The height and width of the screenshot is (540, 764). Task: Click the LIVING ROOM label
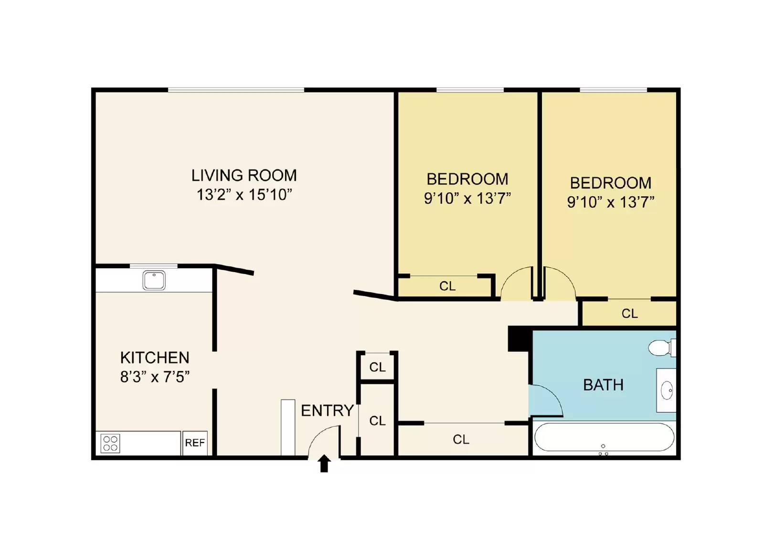pos(244,175)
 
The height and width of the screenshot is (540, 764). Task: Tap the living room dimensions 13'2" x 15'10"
pos(244,195)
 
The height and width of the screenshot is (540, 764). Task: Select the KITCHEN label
pos(155,358)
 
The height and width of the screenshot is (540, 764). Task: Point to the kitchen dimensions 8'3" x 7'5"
pos(155,377)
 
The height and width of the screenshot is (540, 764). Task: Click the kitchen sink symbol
pos(154,280)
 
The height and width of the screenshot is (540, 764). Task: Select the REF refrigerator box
pos(195,443)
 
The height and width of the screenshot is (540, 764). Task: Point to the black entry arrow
pos(324,463)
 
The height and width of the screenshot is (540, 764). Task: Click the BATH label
pos(604,385)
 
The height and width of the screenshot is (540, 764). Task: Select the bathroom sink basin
pos(667,390)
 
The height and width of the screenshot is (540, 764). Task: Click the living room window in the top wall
pos(236,90)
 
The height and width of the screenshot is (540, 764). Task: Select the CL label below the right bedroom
pos(630,314)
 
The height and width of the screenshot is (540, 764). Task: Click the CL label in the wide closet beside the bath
pos(461,440)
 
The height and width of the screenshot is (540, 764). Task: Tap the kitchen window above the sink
pos(154,266)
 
